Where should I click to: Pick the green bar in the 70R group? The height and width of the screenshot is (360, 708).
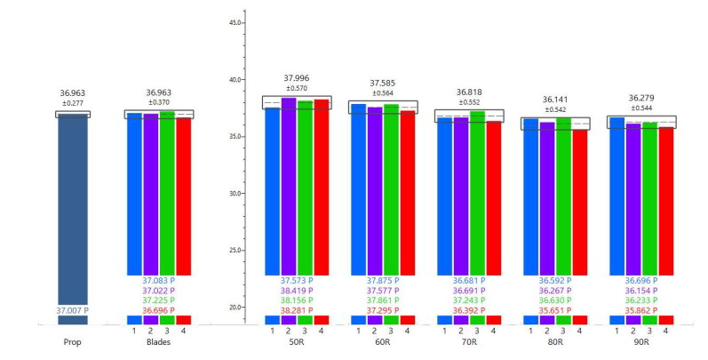(477, 192)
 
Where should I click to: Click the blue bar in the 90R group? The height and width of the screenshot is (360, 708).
(617, 196)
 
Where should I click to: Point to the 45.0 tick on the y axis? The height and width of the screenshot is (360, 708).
(235, 21)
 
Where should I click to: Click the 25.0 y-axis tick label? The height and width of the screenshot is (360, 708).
(235, 251)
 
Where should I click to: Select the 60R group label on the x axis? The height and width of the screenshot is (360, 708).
(383, 341)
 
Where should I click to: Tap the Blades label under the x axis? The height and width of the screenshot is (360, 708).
(158, 341)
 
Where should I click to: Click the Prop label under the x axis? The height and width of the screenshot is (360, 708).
(74, 341)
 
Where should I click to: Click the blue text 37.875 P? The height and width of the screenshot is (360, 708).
(383, 280)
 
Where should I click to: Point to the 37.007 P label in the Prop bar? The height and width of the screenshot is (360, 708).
(75, 310)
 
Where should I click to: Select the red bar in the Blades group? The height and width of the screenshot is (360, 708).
(183, 196)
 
